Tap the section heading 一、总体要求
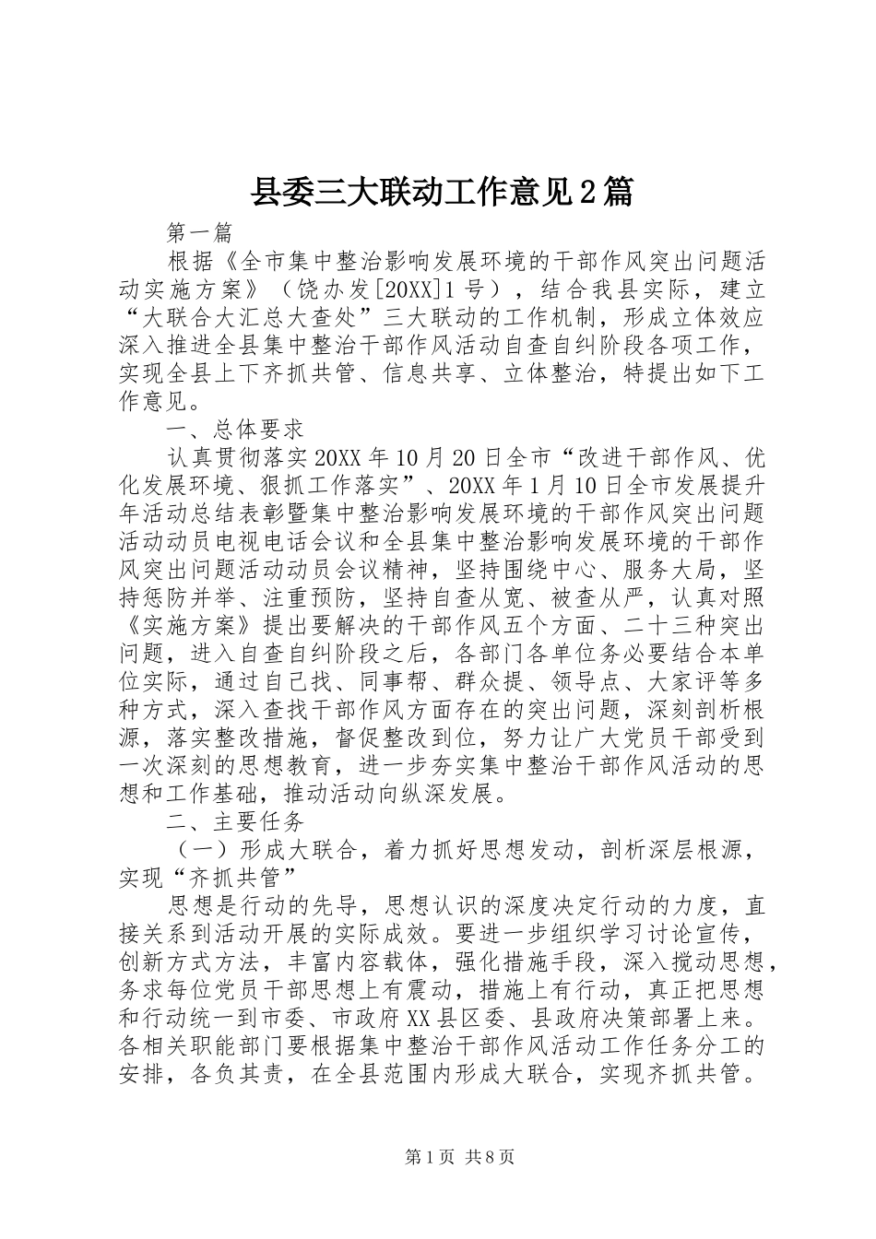tap(234, 431)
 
